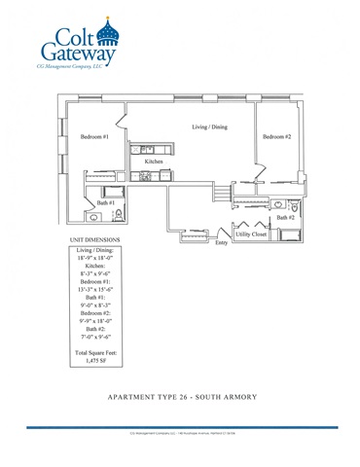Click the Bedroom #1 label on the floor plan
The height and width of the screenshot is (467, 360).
coord(93,137)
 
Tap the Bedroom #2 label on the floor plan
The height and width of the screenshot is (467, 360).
coord(276,137)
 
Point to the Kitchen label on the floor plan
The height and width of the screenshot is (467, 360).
coord(154,161)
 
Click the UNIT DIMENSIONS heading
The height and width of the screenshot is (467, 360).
coord(94,239)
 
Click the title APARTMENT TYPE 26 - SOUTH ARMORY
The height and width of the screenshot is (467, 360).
coord(180,397)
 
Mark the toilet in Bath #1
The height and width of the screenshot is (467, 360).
coord(118,215)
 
